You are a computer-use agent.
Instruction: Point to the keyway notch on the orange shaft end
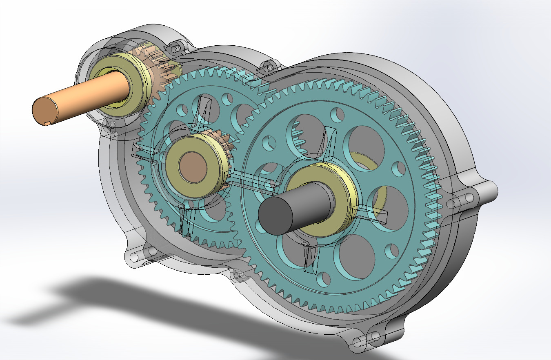(47, 123)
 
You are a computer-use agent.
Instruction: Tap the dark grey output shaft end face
(276, 216)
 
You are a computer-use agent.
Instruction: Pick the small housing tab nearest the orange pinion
(176, 48)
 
